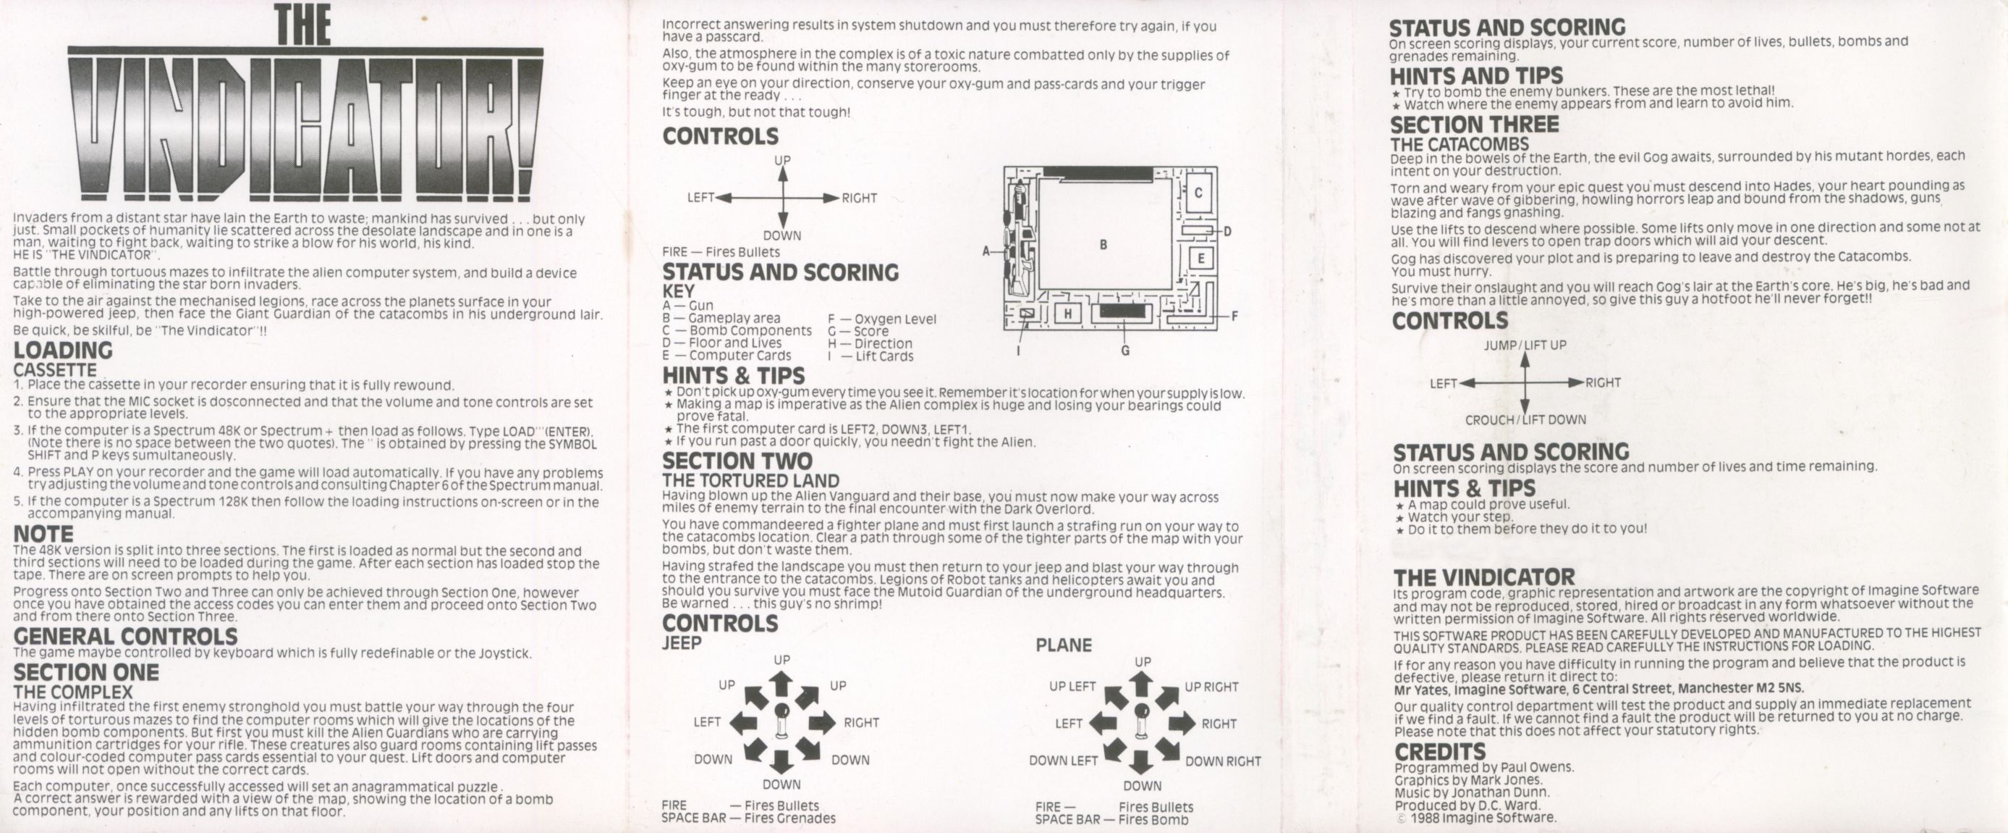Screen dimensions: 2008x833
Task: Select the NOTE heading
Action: (x=43, y=535)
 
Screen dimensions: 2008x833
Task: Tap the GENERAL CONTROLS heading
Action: (x=125, y=637)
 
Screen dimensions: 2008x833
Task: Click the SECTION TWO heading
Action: (x=737, y=461)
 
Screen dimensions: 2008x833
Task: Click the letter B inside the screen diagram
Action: (x=1103, y=245)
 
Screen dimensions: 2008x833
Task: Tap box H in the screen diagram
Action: (x=1068, y=314)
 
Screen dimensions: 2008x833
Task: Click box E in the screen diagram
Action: (x=1201, y=258)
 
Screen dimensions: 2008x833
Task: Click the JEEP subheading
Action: (x=682, y=643)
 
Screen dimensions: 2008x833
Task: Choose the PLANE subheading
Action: (x=1063, y=645)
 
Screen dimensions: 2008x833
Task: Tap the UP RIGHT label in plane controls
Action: (x=1211, y=687)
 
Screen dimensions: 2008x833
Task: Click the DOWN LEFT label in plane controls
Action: (x=1063, y=761)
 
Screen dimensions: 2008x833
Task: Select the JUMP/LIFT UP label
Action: (x=1525, y=346)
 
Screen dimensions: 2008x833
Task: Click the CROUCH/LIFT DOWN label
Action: (x=1525, y=419)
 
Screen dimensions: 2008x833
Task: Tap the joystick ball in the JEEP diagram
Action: (x=781, y=711)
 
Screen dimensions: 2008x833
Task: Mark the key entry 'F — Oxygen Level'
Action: (x=881, y=319)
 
